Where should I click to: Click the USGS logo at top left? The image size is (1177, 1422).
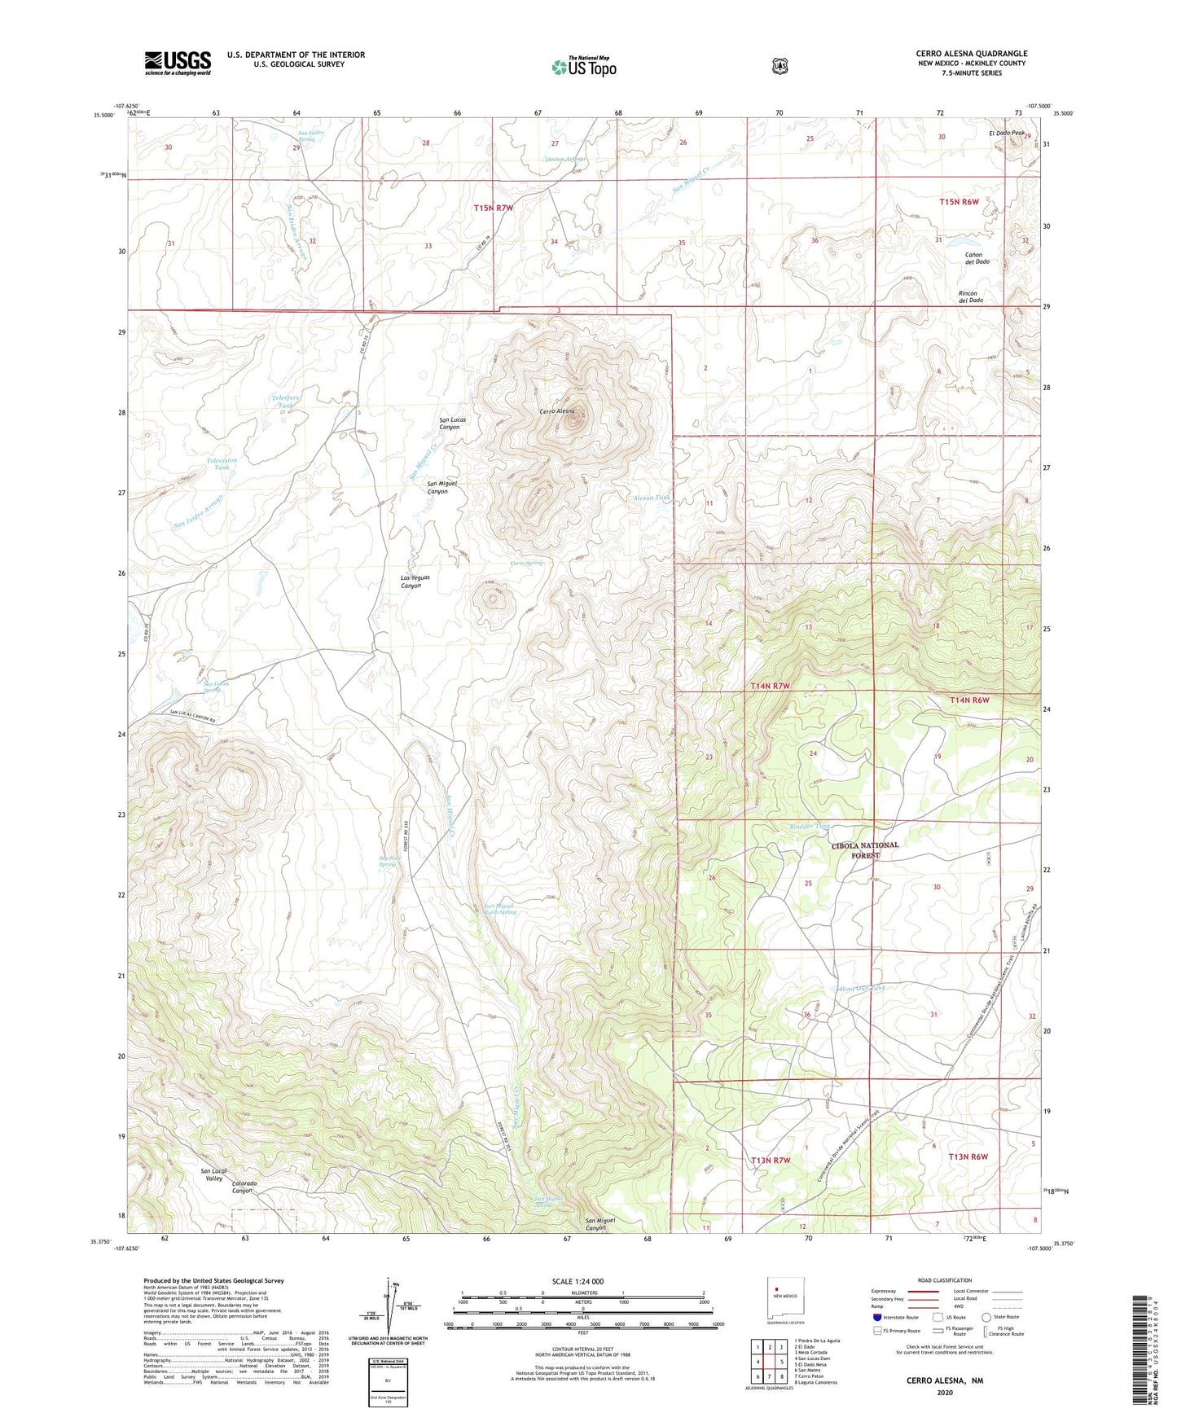click(178, 63)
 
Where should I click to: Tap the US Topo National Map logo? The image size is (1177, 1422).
click(582, 67)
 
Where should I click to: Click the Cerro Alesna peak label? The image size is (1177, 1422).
click(557, 411)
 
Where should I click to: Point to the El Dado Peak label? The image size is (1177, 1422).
click(1007, 133)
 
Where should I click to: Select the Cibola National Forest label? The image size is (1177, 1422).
click(865, 850)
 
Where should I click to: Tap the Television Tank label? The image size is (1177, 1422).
click(222, 464)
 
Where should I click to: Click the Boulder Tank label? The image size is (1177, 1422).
click(810, 827)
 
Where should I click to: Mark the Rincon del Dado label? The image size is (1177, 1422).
click(970, 297)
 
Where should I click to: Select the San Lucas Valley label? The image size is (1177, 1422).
click(212, 1174)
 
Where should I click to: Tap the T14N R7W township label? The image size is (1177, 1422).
click(770, 687)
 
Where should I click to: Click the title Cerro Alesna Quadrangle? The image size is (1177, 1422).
click(971, 54)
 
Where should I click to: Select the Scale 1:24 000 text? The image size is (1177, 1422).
click(578, 1282)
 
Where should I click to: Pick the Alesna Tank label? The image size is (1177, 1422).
click(652, 498)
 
